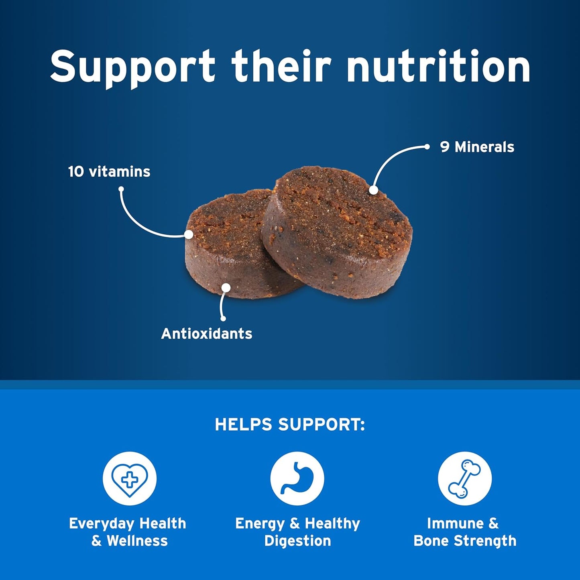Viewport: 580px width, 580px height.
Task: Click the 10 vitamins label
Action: point(109,172)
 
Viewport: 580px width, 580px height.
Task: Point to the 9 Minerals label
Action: point(477,147)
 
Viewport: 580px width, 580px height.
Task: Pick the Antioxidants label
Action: point(207,334)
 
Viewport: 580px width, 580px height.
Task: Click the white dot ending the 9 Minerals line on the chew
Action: point(373,190)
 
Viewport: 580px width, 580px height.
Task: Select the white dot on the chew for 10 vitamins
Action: point(189,234)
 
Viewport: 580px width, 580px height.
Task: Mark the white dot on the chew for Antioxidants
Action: point(226,288)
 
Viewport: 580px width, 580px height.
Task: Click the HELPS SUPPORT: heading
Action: point(290,425)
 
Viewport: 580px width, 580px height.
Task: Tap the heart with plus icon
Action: point(129,478)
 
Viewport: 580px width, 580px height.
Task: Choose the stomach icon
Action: point(297,478)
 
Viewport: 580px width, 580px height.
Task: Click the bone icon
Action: point(465,478)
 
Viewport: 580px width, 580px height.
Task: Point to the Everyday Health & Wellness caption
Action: point(128,532)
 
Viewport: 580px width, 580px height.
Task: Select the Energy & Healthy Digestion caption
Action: point(297,532)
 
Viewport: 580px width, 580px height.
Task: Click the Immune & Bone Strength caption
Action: point(465,532)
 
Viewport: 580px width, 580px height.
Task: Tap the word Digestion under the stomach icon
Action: point(297,541)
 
